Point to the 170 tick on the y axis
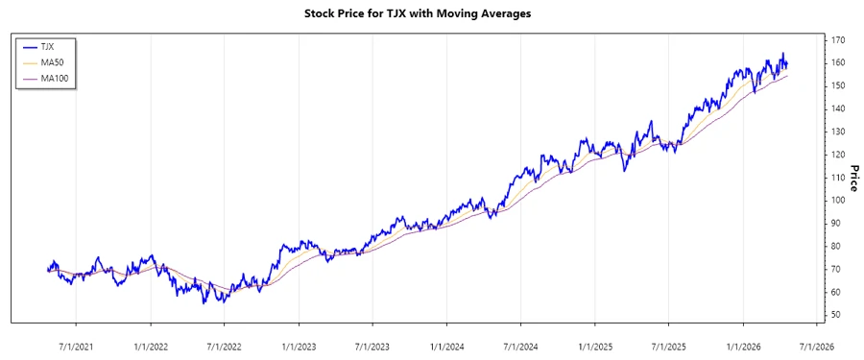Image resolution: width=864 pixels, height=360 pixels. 837,40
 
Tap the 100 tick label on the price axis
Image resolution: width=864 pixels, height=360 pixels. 837,201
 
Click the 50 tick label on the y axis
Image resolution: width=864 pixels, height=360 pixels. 835,315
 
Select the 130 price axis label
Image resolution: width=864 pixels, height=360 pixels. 837,132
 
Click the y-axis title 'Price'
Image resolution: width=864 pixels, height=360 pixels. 853,178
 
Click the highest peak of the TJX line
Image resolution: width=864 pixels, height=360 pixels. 782,53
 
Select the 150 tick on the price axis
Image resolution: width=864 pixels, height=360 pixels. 837,86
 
